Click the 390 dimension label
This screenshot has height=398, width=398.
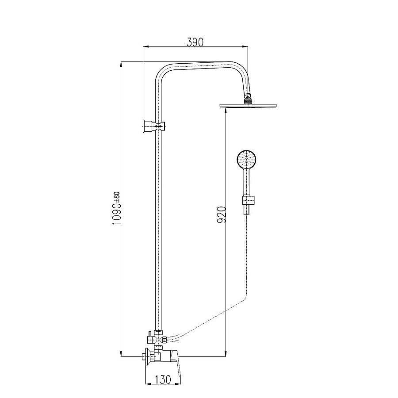195,42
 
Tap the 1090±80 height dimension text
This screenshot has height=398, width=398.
116,208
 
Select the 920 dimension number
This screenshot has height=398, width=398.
222,215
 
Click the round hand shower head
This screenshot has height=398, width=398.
247,159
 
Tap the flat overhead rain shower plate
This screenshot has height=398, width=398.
248,105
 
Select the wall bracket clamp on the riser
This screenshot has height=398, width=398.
154,126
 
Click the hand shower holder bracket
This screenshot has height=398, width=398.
249,200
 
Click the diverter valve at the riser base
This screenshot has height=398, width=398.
158,339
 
